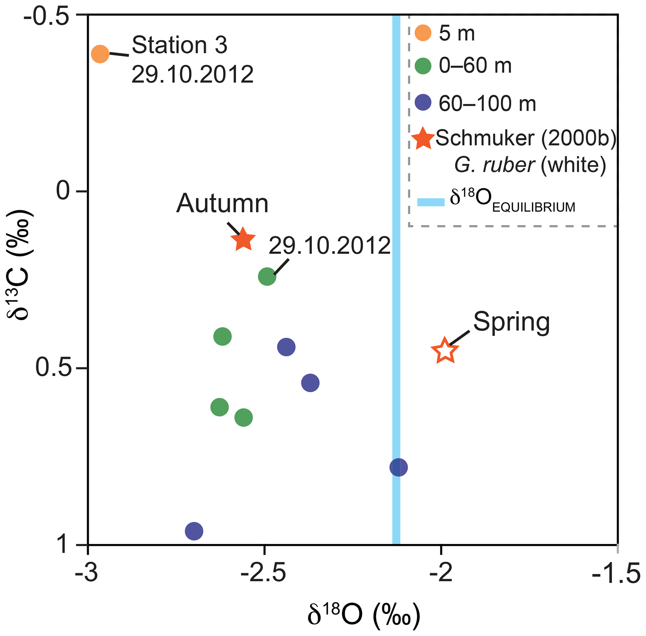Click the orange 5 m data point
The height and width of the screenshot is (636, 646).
coord(100,54)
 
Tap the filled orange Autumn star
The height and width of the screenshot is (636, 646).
coord(243,239)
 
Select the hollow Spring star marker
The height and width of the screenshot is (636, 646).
coord(445,350)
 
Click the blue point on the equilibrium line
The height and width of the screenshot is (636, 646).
coord(398,467)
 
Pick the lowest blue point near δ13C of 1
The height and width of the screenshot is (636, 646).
coord(194,531)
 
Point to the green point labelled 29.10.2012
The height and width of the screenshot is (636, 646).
coord(267,276)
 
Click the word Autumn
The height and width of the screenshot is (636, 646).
coord(222,203)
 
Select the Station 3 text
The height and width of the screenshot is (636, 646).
coord(179,45)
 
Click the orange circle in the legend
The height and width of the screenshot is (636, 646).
coord(423,33)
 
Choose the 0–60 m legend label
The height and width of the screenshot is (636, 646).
coord(475,65)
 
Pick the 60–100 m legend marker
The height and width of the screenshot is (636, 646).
coord(423,103)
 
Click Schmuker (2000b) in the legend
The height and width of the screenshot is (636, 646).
coord(526,138)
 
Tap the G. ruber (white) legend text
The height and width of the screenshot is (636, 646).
coord(530,165)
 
